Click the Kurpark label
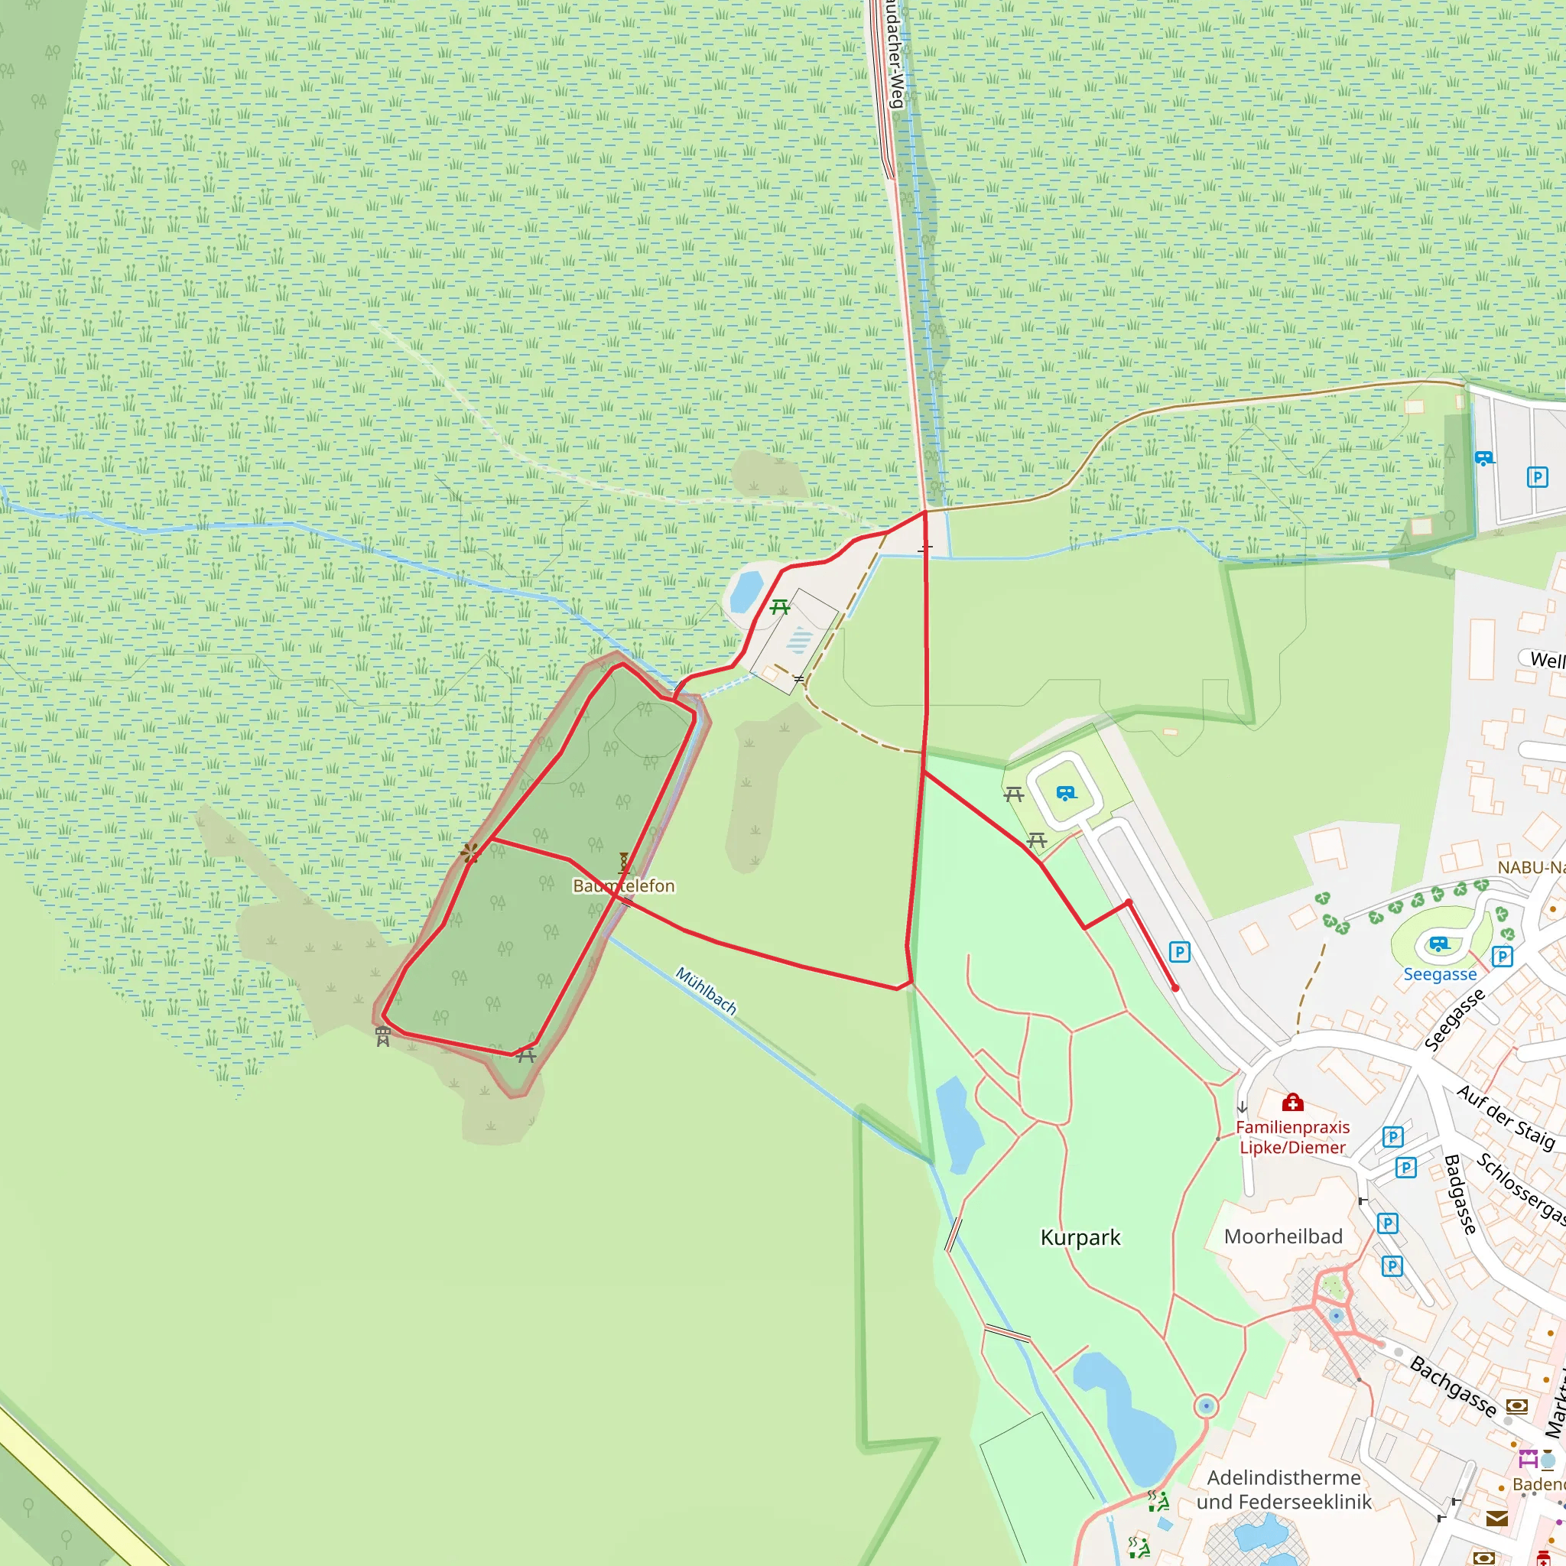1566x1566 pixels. (1080, 1238)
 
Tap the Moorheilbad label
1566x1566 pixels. (1283, 1236)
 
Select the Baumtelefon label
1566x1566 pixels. (623, 886)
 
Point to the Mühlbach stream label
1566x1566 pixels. (706, 990)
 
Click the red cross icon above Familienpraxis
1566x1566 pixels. (1292, 1103)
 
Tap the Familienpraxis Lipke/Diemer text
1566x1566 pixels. (1292, 1137)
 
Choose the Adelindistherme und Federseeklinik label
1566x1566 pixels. (1283, 1490)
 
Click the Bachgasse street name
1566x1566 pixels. (1453, 1386)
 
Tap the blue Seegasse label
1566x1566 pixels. (1440, 974)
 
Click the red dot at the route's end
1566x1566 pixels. (1174, 988)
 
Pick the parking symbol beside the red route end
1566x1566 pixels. (1179, 951)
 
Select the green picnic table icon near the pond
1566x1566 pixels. (780, 606)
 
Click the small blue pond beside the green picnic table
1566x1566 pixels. (746, 592)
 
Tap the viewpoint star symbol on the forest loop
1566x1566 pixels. (469, 852)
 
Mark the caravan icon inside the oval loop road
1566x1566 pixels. (1066, 793)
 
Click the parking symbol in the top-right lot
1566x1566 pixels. (1537, 476)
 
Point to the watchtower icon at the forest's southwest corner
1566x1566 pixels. (382, 1037)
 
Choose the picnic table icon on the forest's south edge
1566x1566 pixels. (526, 1054)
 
